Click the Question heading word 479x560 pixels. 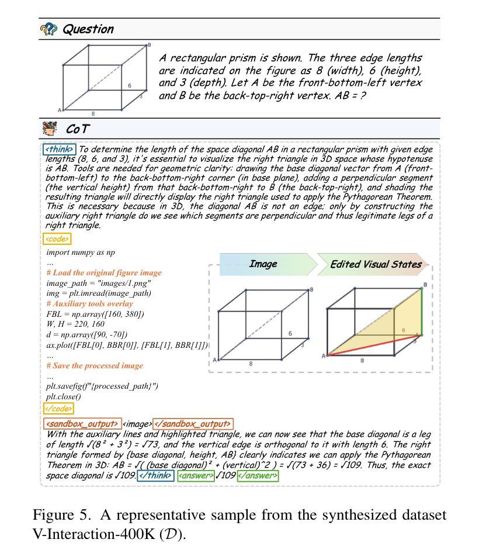click(88, 29)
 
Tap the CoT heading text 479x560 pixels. click(78, 129)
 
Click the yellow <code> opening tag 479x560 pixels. click(57, 238)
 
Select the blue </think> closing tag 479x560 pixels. click(156, 476)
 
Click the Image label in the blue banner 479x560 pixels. click(263, 264)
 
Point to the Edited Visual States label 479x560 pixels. click(376, 264)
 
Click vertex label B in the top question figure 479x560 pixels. click(150, 45)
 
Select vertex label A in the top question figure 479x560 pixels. click(59, 110)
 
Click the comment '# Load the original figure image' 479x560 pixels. click(104, 273)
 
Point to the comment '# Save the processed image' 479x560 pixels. click(95, 366)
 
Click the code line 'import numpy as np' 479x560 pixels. click(81, 253)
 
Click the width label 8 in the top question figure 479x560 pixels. click(93, 114)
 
